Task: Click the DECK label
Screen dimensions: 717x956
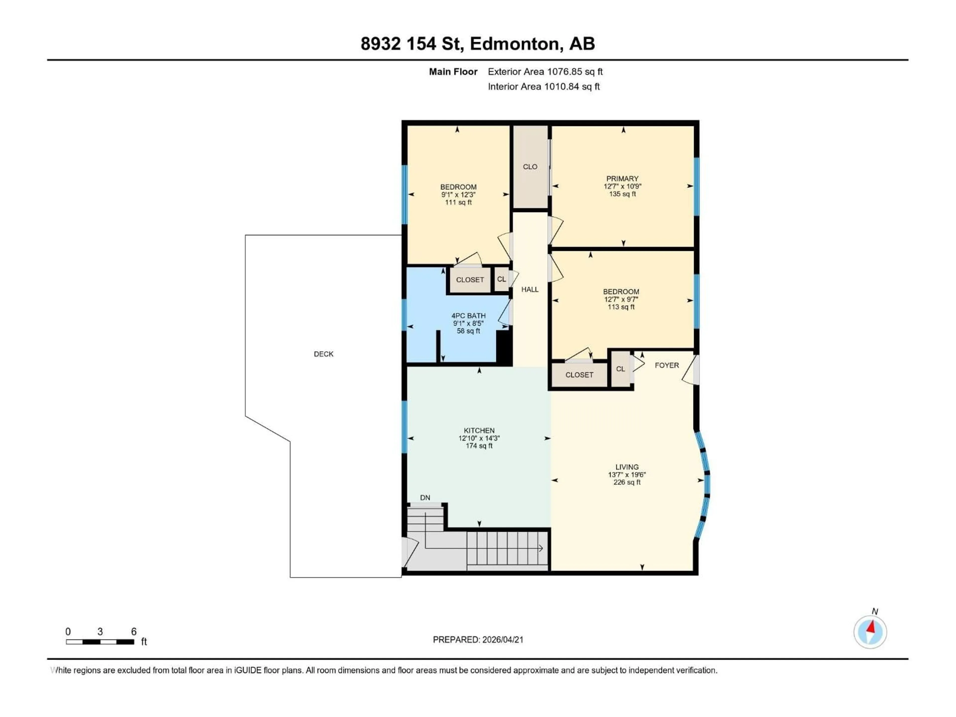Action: [323, 354]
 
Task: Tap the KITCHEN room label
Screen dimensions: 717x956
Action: [479, 430]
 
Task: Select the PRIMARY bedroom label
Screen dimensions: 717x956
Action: [622, 179]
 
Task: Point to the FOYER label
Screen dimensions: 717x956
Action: [666, 365]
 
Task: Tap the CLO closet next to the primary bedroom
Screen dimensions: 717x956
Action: [530, 167]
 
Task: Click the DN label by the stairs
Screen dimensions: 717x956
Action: [425, 497]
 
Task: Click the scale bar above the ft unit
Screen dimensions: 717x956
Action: [100, 642]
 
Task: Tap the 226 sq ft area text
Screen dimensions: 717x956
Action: [627, 482]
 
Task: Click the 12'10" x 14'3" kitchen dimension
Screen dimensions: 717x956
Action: [479, 438]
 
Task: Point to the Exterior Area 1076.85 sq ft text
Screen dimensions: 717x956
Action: [545, 72]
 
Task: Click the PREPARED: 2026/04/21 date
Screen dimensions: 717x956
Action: [478, 640]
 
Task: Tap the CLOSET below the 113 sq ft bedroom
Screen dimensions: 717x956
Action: [579, 375]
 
